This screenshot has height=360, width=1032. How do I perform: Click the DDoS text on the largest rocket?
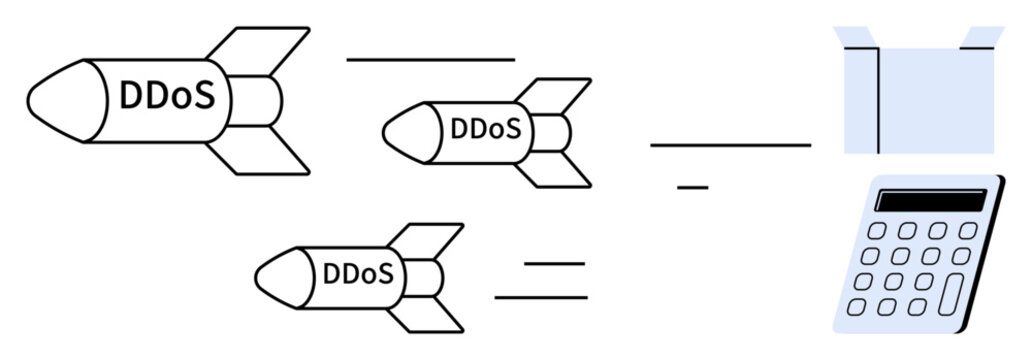pyautogui.click(x=166, y=97)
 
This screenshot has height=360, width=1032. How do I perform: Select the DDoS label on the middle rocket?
pyautogui.click(x=486, y=130)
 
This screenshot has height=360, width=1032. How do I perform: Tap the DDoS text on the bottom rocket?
pyautogui.click(x=357, y=273)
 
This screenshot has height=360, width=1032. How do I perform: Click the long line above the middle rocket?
pyautogui.click(x=430, y=60)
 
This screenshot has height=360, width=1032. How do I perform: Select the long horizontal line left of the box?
pyautogui.click(x=730, y=145)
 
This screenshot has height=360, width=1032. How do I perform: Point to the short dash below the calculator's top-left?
pyautogui.click(x=692, y=187)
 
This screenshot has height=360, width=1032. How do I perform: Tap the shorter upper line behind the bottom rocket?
pyautogui.click(x=554, y=263)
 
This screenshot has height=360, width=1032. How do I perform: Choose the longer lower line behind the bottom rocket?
pyautogui.click(x=541, y=297)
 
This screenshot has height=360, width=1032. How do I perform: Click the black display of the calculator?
pyautogui.click(x=930, y=200)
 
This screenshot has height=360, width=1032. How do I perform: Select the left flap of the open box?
pyautogui.click(x=855, y=39)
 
